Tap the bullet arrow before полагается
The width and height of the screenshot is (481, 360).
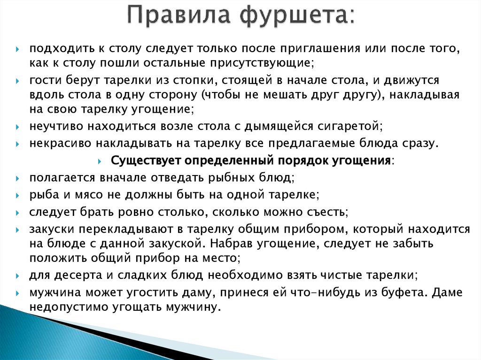17,178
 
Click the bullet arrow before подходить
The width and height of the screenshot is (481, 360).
17,49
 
